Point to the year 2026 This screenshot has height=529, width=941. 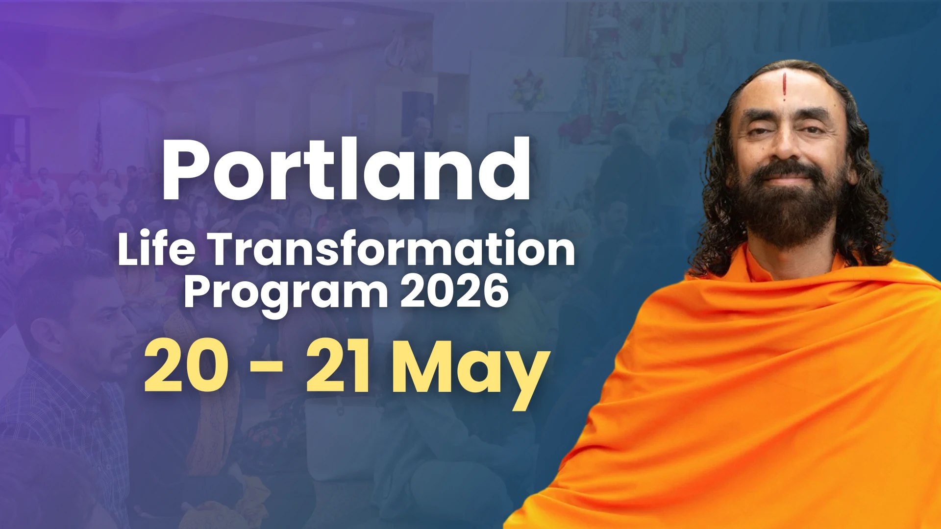tap(454, 291)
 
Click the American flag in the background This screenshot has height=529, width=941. tap(98, 142)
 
